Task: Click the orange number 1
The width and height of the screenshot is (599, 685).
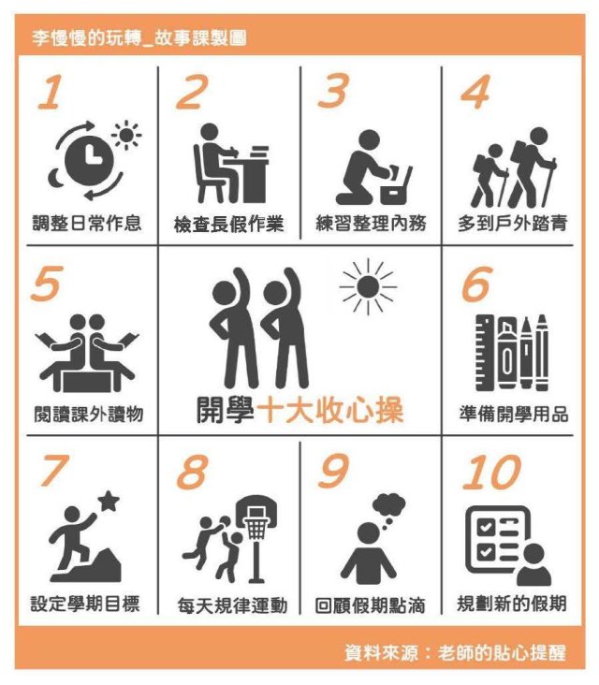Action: tap(51, 92)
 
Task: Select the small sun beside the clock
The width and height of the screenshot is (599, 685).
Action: tap(126, 135)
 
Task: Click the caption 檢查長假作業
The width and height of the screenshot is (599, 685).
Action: tap(228, 224)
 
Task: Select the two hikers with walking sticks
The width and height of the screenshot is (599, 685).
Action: tap(514, 168)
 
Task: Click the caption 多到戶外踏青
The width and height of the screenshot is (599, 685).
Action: tap(513, 224)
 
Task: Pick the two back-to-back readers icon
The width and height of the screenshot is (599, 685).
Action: tap(87, 353)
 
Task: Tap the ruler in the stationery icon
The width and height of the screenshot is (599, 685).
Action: tap(485, 353)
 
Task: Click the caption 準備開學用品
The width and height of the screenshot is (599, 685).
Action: tap(514, 414)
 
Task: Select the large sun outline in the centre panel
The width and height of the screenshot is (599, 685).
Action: tap(368, 287)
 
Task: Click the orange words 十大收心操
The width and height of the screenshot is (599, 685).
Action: tap(329, 410)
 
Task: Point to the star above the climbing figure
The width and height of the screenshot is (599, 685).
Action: tap(109, 501)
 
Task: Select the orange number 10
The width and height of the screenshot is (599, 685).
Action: tap(492, 472)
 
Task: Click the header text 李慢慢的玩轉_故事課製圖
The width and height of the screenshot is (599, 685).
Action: tap(139, 38)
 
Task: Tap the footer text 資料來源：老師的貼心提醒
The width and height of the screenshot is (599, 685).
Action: tap(455, 653)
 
